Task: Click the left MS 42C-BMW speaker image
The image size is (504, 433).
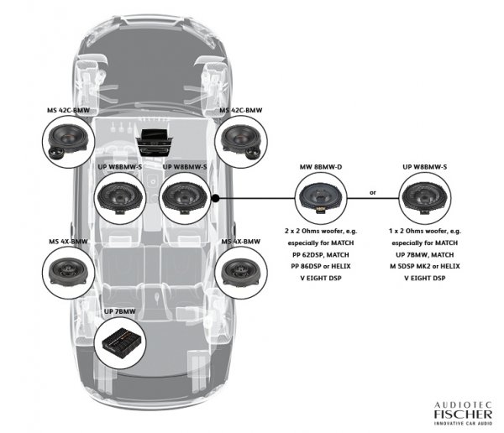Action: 69,142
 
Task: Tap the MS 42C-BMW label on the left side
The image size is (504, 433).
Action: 70,109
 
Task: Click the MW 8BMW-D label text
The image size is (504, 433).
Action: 321,167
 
